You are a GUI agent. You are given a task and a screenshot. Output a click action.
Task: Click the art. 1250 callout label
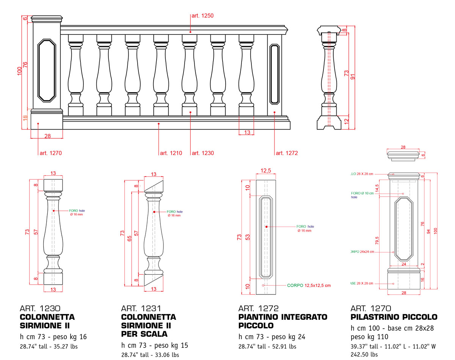point(203,16)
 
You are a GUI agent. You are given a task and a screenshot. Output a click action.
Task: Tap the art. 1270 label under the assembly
point(50,153)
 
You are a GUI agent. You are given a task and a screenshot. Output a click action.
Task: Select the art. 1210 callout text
point(171,153)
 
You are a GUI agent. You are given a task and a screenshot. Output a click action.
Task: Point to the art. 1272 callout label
point(287,153)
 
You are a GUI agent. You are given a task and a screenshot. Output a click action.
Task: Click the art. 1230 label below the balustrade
point(203,153)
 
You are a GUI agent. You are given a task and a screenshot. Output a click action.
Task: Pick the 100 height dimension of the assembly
point(20,71)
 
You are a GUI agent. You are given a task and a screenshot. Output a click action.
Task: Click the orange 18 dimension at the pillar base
point(25,118)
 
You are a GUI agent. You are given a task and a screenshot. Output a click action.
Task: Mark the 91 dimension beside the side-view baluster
point(353,75)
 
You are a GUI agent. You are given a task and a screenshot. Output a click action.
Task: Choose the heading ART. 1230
point(39,308)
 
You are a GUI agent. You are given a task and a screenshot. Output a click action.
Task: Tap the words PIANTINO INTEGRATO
point(282,317)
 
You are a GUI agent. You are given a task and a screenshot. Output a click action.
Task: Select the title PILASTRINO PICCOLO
point(394,317)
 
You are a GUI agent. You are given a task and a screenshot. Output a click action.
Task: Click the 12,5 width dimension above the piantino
point(266,171)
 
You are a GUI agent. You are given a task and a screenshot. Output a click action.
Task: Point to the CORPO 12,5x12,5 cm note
point(309,285)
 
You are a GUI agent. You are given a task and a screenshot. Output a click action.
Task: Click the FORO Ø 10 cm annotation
point(362,193)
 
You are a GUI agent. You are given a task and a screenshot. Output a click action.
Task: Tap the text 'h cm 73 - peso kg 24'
point(272,337)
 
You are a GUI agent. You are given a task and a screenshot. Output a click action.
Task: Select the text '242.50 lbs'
point(364,355)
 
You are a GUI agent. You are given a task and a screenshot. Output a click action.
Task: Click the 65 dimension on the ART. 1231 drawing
point(130,238)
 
